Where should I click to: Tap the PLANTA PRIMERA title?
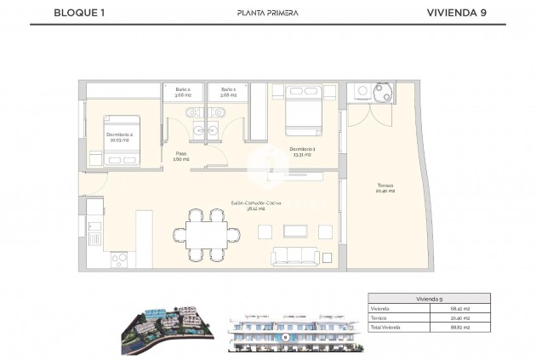[267, 13]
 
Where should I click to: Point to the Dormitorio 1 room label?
[302, 151]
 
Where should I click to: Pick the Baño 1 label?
[227, 92]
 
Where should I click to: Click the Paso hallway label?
[180, 156]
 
